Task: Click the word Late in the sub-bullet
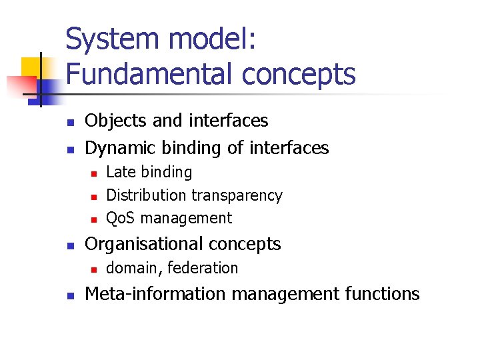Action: [x=119, y=172]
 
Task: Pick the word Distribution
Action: [x=147, y=195]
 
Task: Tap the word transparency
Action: [x=237, y=196]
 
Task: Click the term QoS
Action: [x=122, y=218]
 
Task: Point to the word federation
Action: [x=203, y=268]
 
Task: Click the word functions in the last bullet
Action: [x=382, y=294]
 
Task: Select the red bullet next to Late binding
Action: [x=94, y=173]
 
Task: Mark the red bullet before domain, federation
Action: [x=94, y=269]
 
